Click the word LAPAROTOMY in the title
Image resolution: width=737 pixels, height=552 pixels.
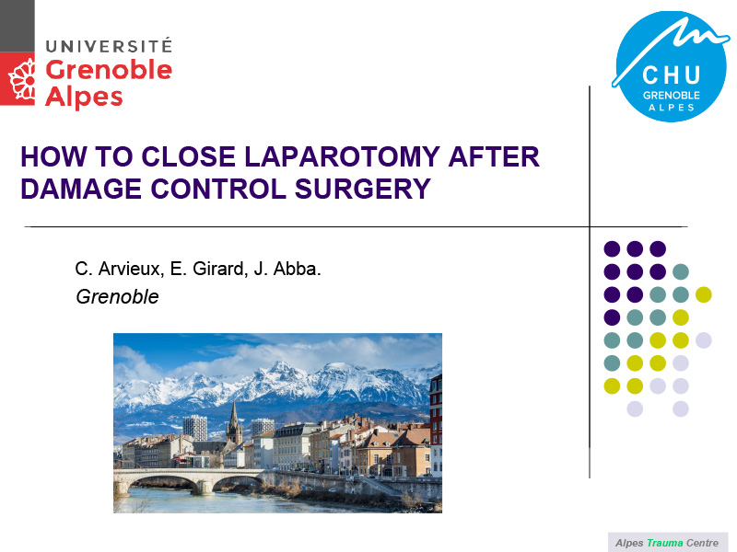pyautogui.click(x=342, y=156)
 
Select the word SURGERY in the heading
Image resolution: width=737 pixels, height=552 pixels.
pyautogui.click(x=362, y=189)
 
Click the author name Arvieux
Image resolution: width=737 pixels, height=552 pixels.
pyautogui.click(x=131, y=269)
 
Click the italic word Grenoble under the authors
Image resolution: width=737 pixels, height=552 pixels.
pyautogui.click(x=117, y=296)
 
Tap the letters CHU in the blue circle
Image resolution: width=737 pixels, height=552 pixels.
pyautogui.click(x=672, y=75)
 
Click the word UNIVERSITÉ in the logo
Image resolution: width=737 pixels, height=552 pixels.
pyautogui.click(x=109, y=46)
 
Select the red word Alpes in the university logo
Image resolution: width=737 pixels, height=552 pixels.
pyautogui.click(x=84, y=98)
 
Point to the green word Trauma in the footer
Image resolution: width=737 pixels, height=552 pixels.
pyautogui.click(x=664, y=543)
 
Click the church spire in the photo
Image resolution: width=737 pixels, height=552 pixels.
pyautogui.click(x=234, y=422)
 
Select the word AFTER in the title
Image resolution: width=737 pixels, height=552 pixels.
pyautogui.click(x=494, y=156)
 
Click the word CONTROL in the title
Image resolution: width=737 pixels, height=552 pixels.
pyautogui.click(x=218, y=189)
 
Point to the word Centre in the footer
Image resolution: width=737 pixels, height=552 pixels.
pyautogui.click(x=702, y=543)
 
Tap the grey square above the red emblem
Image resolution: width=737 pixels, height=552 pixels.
pyautogui.click(x=18, y=26)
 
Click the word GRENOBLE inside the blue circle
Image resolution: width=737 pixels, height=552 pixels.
pyautogui.click(x=672, y=96)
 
